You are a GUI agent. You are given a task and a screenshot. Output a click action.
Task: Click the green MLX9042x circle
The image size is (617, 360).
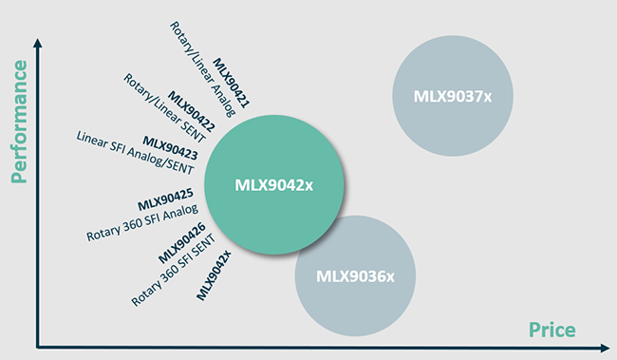pos(273,186)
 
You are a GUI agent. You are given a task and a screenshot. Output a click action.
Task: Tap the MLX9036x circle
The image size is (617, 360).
pos(356,275)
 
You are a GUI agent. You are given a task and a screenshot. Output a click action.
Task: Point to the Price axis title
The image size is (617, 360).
pos(552,329)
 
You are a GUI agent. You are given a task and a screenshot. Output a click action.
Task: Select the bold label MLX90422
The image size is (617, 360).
pos(189,111)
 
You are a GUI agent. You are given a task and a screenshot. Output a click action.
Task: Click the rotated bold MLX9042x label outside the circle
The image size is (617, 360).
pos(215,273)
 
